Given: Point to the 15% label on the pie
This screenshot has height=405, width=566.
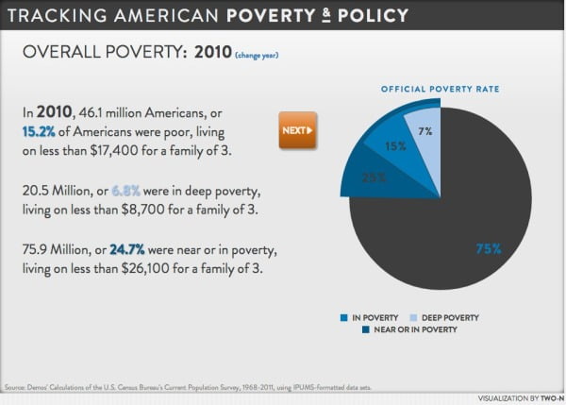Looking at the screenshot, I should pos(394,146).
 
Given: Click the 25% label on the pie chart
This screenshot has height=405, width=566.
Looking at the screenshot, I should pos(347,177).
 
